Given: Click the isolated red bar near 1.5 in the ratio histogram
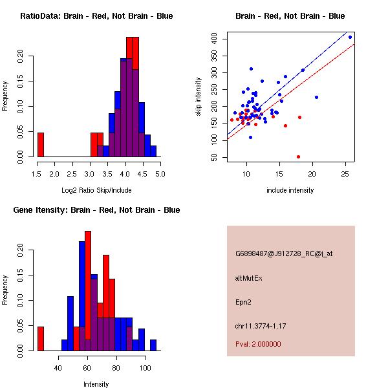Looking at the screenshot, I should (40, 144).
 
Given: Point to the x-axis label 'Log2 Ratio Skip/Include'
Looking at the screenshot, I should (96, 190).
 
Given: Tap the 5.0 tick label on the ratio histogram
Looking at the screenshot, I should (160, 174).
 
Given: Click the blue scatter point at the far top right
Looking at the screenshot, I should (350, 37).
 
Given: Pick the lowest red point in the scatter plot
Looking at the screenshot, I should (298, 156).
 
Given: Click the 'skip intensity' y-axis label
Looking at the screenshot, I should (199, 97).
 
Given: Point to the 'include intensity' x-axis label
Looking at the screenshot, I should (290, 190).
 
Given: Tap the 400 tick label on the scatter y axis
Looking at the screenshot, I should (219, 39).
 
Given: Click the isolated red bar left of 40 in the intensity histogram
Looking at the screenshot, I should (40, 338).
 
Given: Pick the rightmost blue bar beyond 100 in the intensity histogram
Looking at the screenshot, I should (153, 345).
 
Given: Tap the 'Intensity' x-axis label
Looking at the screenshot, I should (96, 384).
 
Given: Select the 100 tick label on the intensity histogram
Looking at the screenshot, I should (145, 368).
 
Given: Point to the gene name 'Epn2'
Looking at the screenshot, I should (244, 301).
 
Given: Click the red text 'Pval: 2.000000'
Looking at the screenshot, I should (258, 344).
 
